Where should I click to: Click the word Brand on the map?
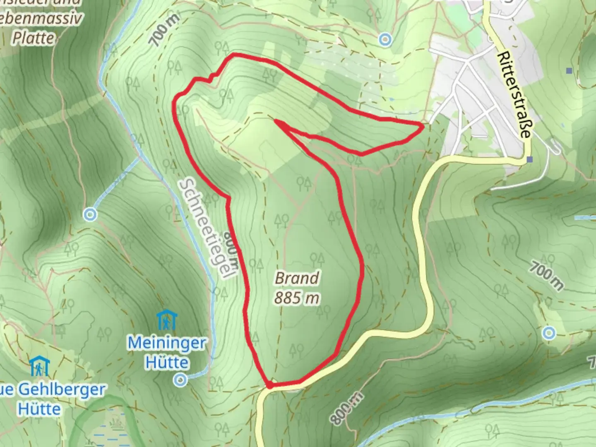coord(297,278)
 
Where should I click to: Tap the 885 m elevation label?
coord(297,298)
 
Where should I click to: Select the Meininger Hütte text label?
coord(167,353)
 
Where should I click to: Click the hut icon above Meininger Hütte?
coord(167,320)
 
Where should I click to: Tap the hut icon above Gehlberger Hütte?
coord(40,366)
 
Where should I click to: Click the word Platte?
coord(33,38)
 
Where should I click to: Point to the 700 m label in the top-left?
coord(165,29)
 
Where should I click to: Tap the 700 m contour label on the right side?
coord(546,276)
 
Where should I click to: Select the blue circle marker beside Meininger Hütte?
coord(180,379)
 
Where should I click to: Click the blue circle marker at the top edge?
coord(385,39)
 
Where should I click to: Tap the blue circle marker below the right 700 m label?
coord(549,332)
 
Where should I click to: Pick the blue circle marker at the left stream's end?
coord(90,214)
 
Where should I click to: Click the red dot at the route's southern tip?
coord(269,385)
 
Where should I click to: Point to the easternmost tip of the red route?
coord(422,126)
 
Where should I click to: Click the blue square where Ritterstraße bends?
coord(530,159)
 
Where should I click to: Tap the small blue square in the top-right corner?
coord(570,71)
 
